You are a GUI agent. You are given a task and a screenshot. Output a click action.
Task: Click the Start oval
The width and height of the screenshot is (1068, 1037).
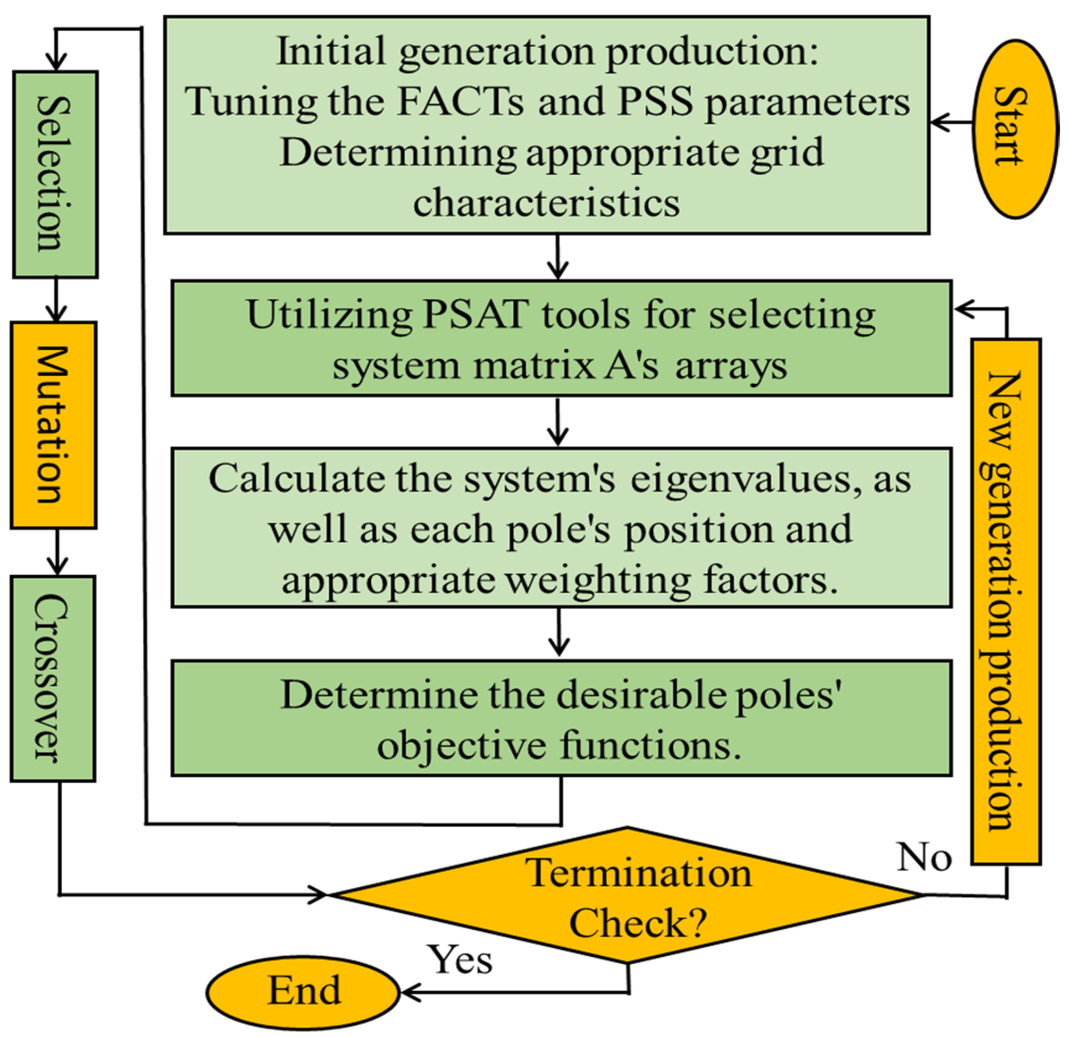click(x=1015, y=129)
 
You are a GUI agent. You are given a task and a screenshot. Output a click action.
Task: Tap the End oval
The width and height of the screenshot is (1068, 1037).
click(x=303, y=990)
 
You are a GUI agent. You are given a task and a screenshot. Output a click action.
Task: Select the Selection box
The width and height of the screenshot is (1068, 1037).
click(x=55, y=174)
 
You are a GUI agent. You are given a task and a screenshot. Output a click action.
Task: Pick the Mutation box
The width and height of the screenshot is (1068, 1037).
click(x=53, y=425)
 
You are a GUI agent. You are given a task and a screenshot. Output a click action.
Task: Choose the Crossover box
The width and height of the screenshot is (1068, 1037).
click(x=53, y=678)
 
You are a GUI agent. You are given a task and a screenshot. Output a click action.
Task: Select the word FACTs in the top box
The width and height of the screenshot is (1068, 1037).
click(x=460, y=102)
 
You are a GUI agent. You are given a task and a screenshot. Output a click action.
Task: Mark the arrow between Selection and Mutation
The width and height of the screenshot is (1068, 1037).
click(x=55, y=300)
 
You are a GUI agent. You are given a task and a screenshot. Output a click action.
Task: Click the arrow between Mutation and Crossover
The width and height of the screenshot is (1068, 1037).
click(x=57, y=552)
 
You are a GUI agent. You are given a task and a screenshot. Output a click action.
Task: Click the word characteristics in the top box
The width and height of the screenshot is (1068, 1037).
click(x=546, y=204)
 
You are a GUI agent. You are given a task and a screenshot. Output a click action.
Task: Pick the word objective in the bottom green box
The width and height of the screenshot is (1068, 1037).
click(x=461, y=745)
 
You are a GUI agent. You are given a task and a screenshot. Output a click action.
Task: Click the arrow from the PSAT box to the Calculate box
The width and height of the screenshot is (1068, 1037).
click(x=558, y=421)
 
